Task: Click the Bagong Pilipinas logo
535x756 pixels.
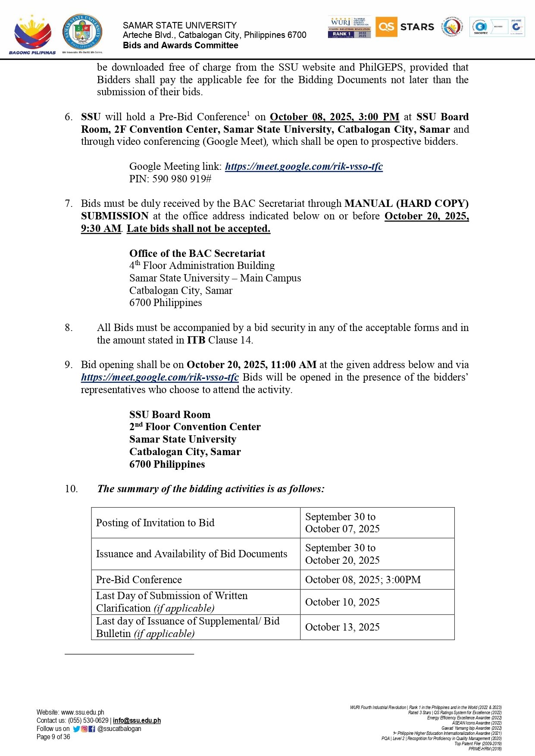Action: point(33,34)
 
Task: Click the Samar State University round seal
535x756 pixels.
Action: point(82,32)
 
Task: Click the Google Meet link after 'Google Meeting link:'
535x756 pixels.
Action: point(303,166)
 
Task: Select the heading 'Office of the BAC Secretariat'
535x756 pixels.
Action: point(197,253)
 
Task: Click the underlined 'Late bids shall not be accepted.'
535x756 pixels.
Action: point(198,228)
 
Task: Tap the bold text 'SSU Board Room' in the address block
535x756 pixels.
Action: point(170,415)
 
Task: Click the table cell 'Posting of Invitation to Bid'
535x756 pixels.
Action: point(155,523)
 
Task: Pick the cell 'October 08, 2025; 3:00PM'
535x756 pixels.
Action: point(363,580)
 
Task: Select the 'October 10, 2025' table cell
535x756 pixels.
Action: point(342,602)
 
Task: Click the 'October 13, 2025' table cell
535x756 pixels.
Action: point(342,627)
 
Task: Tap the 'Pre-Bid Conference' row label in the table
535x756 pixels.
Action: point(139,580)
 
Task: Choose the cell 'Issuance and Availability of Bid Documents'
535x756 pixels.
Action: point(191,554)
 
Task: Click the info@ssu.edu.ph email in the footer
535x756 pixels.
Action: point(137,720)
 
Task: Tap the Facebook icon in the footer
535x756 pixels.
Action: point(91,729)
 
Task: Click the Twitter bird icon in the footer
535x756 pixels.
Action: point(76,729)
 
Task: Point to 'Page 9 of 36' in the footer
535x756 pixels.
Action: point(53,737)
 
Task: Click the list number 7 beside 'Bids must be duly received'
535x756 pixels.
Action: point(69,203)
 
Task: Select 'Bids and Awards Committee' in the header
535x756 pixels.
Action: point(180,45)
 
